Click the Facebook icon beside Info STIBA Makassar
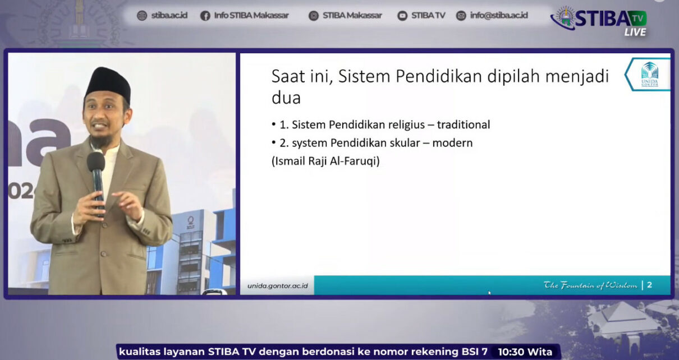205,16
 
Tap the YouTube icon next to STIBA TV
402,16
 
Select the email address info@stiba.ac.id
499,15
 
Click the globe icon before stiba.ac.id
142,16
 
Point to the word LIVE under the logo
635,32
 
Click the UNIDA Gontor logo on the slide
649,74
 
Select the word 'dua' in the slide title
286,98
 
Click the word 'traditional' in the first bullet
463,124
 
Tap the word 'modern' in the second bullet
452,143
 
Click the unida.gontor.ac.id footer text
277,286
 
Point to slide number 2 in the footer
649,285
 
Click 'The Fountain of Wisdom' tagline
590,285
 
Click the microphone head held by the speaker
96,161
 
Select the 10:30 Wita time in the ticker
525,352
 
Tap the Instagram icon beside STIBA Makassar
314,16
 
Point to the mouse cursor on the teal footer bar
489,292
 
